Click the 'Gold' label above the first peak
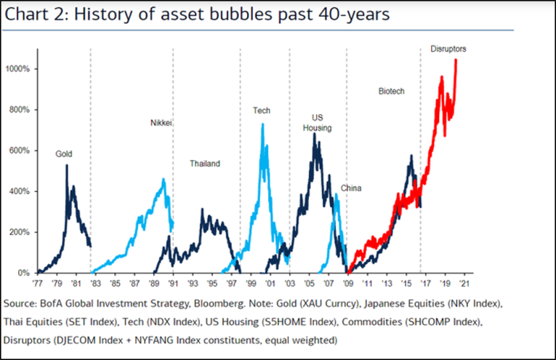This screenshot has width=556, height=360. click(64, 154)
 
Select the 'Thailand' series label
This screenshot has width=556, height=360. click(204, 164)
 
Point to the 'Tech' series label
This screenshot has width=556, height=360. click(262, 111)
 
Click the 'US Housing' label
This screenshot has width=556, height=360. click(317, 122)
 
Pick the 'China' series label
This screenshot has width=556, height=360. click(351, 188)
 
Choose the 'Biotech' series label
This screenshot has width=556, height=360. click(391, 92)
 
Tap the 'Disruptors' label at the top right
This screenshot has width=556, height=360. click(448, 49)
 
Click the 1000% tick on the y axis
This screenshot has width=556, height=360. click(18, 69)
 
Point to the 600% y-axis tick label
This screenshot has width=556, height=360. click(20, 151)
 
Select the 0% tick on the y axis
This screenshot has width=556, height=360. click(24, 273)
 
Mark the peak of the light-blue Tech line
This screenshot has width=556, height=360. click(262, 124)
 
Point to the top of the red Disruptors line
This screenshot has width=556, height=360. click(456, 60)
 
